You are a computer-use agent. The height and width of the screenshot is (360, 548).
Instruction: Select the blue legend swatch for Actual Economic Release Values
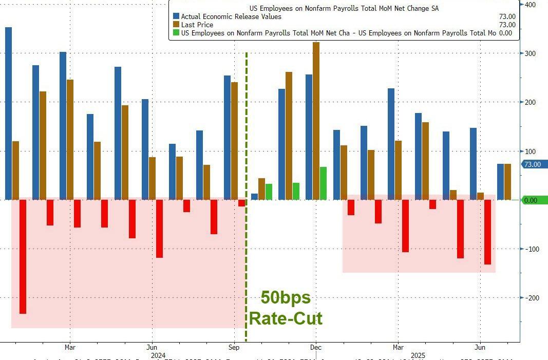click(x=177, y=16)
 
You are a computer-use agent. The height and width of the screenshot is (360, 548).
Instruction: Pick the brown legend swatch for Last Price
click(x=177, y=25)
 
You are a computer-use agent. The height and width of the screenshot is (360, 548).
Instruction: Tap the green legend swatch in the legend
click(x=177, y=33)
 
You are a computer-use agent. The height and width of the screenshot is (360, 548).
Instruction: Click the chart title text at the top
click(x=344, y=9)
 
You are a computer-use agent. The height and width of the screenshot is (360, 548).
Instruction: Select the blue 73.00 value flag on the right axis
click(x=535, y=164)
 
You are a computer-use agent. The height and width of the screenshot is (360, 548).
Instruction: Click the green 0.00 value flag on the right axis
click(x=534, y=200)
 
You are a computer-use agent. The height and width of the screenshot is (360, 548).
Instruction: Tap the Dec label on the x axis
click(x=316, y=347)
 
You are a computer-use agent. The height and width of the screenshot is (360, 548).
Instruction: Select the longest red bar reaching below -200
click(x=23, y=257)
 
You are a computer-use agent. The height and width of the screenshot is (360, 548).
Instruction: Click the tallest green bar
click(x=323, y=183)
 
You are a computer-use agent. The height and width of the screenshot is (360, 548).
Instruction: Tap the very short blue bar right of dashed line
click(x=254, y=197)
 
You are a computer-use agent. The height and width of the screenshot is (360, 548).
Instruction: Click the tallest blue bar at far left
click(x=8, y=113)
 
